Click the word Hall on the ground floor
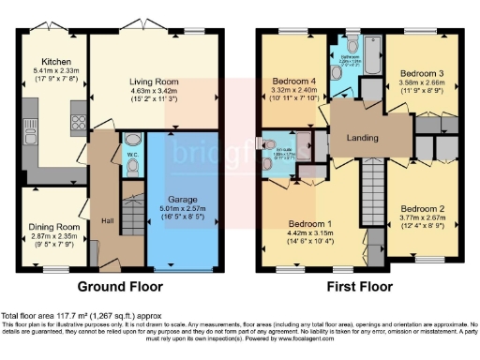(x=109, y=221)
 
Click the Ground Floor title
(x=119, y=286)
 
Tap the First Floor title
(x=360, y=286)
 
